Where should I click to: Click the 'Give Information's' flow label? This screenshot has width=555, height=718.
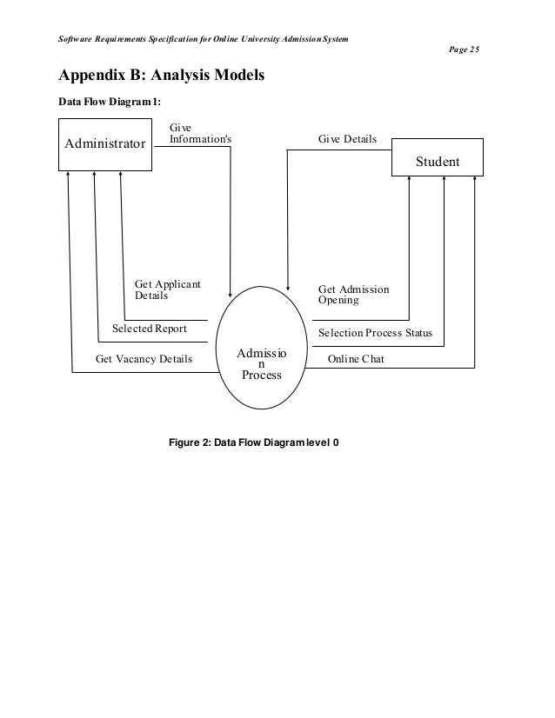[200, 132]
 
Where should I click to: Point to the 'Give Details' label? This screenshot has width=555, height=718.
[348, 137]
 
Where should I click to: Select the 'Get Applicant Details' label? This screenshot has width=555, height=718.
[167, 289]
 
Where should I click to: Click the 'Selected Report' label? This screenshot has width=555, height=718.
[150, 329]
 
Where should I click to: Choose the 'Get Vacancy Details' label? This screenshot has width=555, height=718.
[144, 358]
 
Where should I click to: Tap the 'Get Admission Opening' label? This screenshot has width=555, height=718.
[353, 295]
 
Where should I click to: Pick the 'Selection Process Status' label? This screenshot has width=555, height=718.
[375, 333]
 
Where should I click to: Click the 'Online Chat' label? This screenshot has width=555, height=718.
[355, 358]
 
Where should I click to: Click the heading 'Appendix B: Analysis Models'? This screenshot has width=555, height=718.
[161, 78]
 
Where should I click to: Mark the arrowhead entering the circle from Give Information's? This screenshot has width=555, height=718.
[230, 293]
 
